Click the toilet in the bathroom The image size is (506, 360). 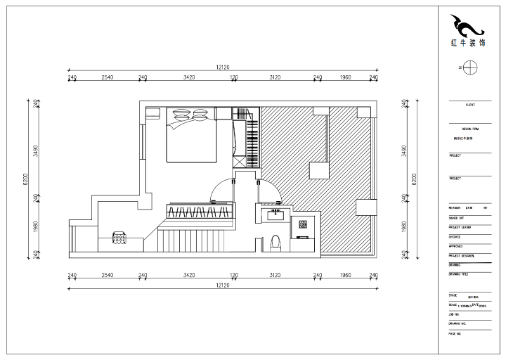tap(275, 242)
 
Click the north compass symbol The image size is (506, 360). tap(470, 68)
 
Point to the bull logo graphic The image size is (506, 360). tap(467, 27)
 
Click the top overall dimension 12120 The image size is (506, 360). tap(222, 67)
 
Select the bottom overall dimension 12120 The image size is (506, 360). tap(222, 285)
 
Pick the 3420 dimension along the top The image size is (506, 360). tap(188, 77)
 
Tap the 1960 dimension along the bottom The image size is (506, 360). tap(345, 275)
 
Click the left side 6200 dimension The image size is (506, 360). tap(26, 179)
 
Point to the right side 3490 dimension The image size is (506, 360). tap(403, 151)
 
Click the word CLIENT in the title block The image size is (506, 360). tap(469, 105)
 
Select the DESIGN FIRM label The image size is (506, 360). tap(469, 129)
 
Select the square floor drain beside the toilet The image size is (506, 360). tap(303, 224)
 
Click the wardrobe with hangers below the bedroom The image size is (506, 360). tap(200, 212)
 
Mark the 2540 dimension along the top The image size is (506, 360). tap(108, 77)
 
